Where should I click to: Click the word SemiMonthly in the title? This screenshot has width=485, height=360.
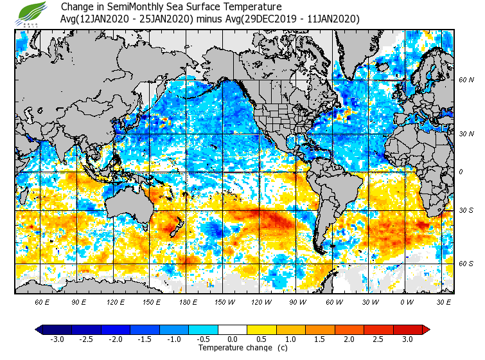[x=127, y=7]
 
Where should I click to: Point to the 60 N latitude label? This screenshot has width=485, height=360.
[x=466, y=80]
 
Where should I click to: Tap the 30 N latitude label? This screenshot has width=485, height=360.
[x=466, y=134]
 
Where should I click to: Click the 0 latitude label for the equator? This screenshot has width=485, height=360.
[x=461, y=172]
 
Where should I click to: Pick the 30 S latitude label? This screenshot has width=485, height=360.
[x=466, y=210]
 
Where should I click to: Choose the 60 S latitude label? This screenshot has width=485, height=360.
[x=466, y=264]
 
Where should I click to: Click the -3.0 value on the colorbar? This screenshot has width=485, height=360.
[x=57, y=339]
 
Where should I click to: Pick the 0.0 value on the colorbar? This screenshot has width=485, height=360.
[x=233, y=339]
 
